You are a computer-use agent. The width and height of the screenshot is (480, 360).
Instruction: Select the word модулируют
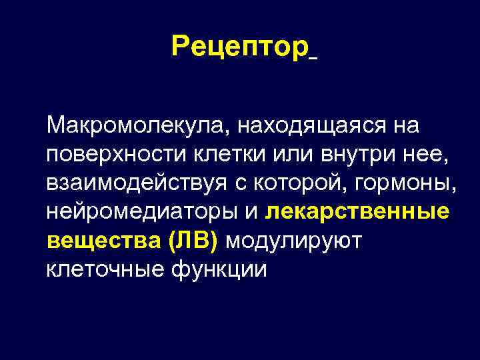(293, 243)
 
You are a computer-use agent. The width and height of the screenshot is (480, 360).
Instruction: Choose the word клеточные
(101, 271)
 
